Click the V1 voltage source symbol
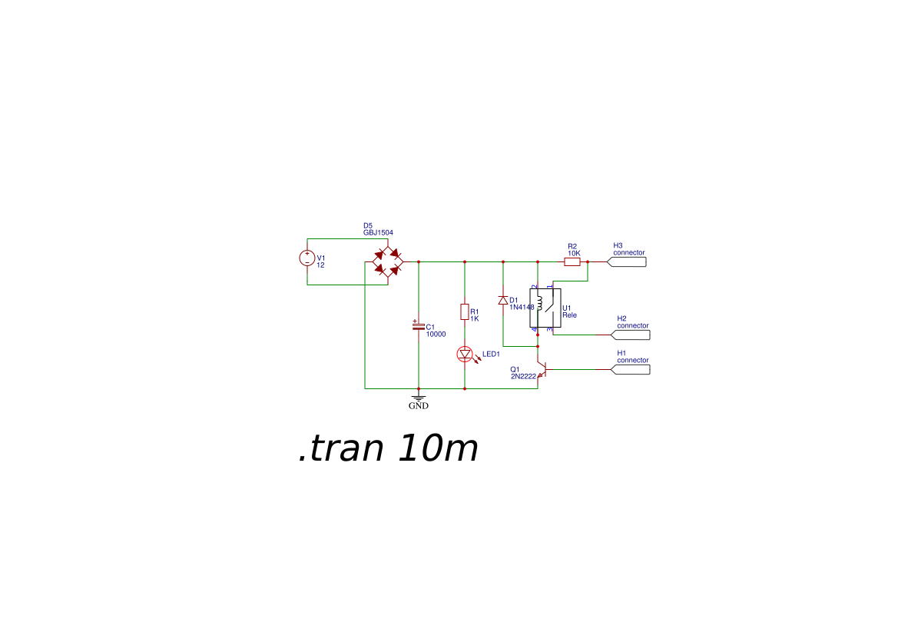pos(307,258)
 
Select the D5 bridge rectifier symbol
pos(388,261)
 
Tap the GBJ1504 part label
pos(378,232)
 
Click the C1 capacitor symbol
pos(419,327)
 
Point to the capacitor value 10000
pos(436,335)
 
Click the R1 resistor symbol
pos(465,311)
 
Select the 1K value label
pos(475,318)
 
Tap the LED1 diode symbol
pos(465,355)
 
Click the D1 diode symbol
pos(503,300)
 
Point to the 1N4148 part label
pos(522,307)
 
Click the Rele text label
pos(569,315)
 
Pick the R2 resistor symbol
pos(572,261)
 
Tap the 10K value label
pos(574,253)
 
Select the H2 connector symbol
pos(631,335)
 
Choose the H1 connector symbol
pos(631,369)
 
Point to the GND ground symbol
pos(419,398)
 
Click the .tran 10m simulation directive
pos(388,448)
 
